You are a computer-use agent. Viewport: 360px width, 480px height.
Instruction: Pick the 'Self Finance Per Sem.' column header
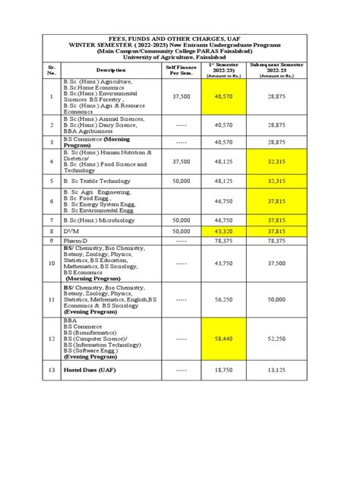182,70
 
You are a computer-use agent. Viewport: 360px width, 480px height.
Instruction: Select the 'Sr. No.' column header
51,70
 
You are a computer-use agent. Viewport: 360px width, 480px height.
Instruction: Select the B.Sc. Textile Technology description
98,182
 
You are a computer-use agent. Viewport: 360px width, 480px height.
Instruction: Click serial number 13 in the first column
51,370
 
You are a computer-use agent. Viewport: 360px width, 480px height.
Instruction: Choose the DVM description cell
71,231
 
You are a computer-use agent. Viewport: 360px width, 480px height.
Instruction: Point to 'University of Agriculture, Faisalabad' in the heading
179,57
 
